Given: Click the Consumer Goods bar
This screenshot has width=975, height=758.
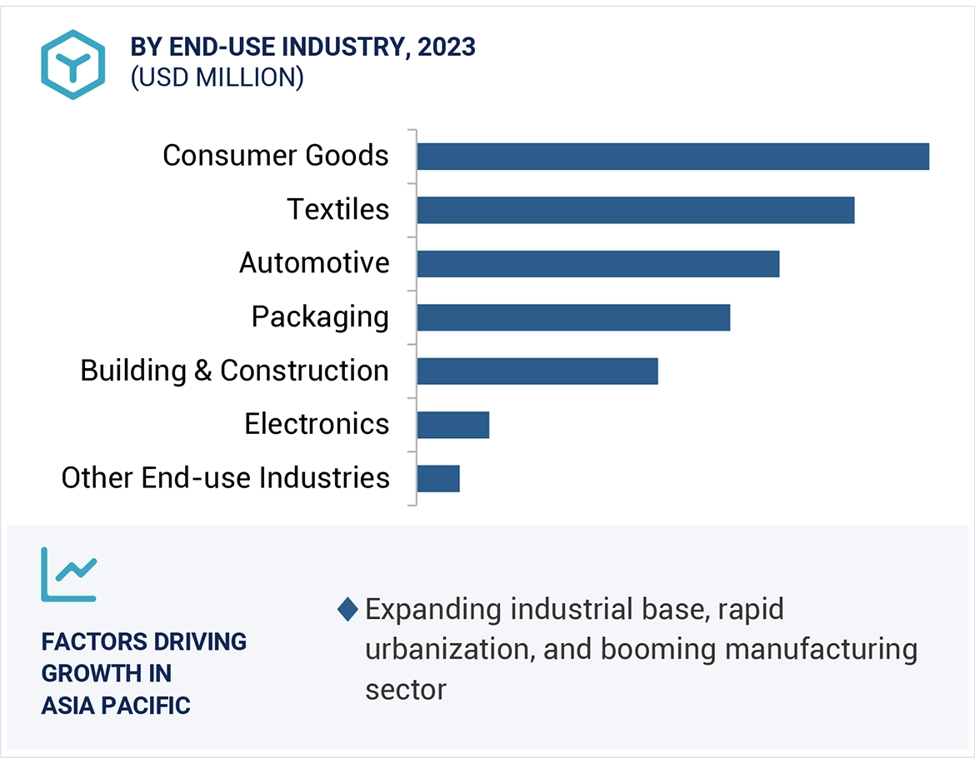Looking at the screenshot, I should [672, 157].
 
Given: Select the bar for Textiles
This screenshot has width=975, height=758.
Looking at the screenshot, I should [635, 210].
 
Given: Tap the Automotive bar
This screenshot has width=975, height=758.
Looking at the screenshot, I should [597, 263].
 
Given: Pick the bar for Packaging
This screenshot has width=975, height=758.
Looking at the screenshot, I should [573, 317].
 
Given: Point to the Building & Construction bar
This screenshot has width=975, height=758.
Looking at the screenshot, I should [537, 371].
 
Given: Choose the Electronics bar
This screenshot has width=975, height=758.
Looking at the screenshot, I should [452, 424].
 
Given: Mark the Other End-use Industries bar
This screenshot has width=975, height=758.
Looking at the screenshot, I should [438, 478].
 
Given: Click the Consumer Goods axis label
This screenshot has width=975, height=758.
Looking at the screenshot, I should [275, 156].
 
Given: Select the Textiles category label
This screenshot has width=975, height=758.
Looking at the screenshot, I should [337, 209].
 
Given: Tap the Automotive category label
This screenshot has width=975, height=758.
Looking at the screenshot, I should [314, 263].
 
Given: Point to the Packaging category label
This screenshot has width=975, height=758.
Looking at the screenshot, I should [320, 317].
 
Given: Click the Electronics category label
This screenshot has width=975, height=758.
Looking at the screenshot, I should [317, 424].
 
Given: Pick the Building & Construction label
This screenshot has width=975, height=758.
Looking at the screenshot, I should [234, 371].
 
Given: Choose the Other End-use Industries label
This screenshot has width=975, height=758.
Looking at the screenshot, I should [225, 478].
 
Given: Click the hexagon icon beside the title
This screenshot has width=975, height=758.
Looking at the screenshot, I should [73, 64].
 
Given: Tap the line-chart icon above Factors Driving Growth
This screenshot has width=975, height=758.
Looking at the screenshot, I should [69, 574].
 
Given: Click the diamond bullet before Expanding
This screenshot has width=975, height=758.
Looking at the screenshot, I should [347, 610].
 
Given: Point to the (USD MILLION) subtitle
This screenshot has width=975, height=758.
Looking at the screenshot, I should [217, 77].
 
